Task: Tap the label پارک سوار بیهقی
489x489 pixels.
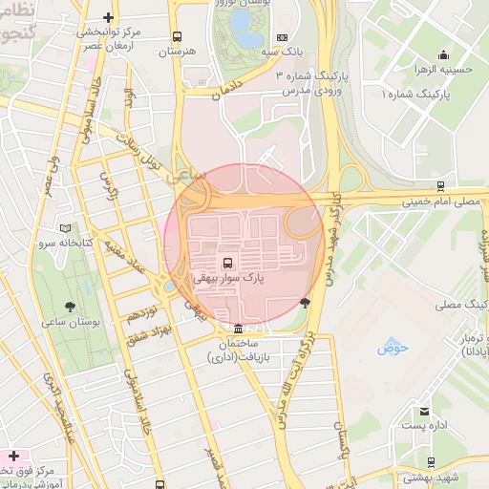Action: pyautogui.click(x=227, y=278)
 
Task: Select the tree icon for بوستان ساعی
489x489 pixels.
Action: pyautogui.click(x=72, y=307)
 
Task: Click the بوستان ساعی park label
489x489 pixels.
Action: pyautogui.click(x=72, y=323)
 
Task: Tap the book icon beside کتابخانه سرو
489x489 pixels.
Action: pyautogui.click(x=65, y=229)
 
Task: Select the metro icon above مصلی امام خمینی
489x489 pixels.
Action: pyautogui.click(x=439, y=186)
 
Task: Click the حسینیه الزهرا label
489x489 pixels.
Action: pyautogui.click(x=445, y=70)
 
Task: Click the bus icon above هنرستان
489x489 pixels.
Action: pyautogui.click(x=176, y=37)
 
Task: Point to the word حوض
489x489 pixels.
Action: pyautogui.click(x=393, y=349)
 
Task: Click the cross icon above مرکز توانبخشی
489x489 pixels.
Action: pyautogui.click(x=109, y=17)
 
